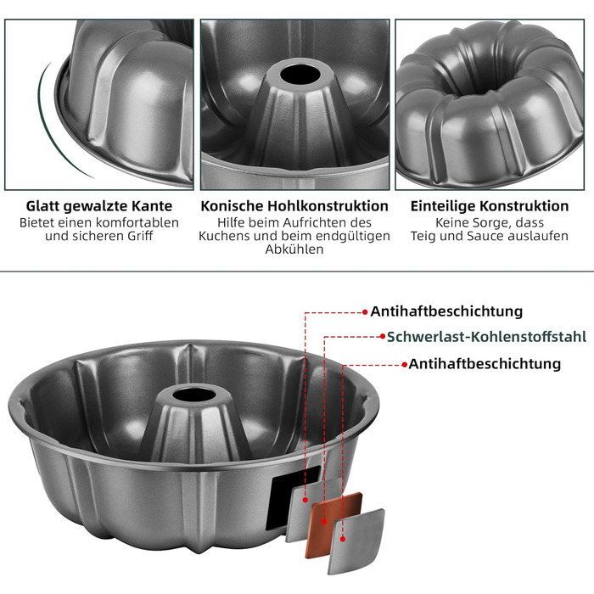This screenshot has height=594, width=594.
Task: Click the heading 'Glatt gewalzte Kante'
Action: tap(99, 206)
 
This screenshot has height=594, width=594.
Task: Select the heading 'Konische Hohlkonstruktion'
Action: tap(294, 206)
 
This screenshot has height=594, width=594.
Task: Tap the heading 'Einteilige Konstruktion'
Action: tap(490, 206)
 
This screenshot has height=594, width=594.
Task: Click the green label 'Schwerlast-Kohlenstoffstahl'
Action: tap(486, 337)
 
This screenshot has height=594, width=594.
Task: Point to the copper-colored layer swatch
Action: tap(333, 524)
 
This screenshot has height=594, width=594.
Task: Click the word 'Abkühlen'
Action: tap(294, 249)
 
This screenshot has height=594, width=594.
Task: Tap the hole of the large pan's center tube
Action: tap(194, 395)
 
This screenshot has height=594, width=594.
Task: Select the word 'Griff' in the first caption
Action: tap(140, 236)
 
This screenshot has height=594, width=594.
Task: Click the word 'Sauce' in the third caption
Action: tap(485, 236)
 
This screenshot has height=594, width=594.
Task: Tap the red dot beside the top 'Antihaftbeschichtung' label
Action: tap(365, 312)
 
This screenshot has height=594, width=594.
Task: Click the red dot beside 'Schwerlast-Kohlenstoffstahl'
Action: tap(383, 336)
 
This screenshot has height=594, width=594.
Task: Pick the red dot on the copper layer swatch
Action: tap(324, 522)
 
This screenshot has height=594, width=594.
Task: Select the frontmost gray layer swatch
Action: tap(356, 541)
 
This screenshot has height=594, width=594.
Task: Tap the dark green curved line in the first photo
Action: tap(49, 121)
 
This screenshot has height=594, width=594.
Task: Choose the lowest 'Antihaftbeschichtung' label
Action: tap(485, 364)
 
